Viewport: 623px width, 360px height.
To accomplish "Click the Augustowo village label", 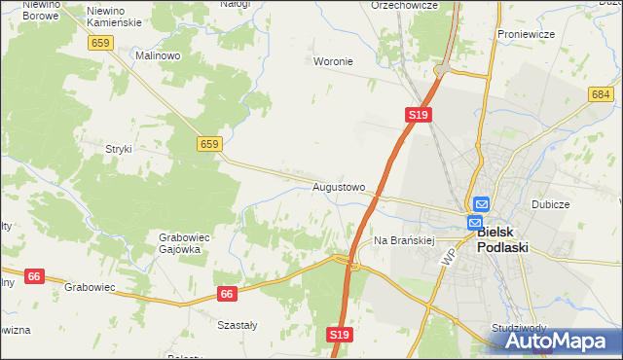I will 339,186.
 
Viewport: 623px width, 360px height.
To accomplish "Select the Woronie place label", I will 333,61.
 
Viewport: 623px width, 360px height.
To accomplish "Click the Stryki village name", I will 118,149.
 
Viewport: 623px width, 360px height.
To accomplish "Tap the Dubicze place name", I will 550,205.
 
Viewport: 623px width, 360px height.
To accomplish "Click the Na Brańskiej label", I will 402,239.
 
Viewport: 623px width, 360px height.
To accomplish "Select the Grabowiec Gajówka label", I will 179,242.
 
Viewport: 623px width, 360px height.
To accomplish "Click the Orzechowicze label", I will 405,5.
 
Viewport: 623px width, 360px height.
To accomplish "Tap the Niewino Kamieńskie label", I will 114,16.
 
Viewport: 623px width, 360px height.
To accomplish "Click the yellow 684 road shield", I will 600,94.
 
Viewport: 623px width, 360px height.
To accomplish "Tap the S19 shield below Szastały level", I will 338,335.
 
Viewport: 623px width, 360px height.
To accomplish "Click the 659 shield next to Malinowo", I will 100,43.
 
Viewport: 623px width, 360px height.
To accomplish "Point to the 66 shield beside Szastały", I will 228,293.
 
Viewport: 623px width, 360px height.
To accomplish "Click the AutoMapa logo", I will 559,341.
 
